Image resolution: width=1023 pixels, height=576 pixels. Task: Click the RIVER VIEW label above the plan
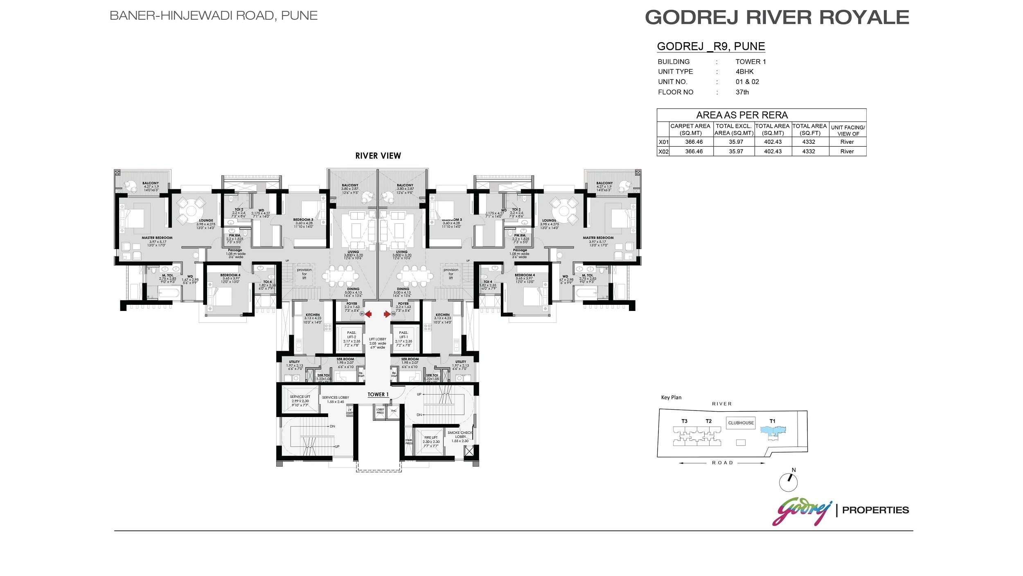click(378, 156)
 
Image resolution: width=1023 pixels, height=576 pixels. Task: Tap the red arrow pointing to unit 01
click(368, 314)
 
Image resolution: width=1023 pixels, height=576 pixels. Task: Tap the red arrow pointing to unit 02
click(387, 314)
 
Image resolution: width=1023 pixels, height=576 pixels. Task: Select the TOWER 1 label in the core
click(378, 395)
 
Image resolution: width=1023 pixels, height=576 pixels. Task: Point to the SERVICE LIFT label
click(300, 397)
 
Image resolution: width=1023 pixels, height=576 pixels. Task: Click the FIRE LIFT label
click(431, 438)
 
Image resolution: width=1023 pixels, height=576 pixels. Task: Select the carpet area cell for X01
click(694, 142)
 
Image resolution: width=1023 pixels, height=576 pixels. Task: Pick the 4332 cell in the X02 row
click(808, 151)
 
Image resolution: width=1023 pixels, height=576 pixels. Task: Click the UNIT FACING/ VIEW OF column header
click(847, 130)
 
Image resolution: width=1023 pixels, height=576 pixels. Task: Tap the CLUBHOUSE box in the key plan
click(741, 423)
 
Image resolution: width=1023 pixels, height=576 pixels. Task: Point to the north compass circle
click(788, 482)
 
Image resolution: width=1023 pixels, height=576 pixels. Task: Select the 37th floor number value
click(742, 92)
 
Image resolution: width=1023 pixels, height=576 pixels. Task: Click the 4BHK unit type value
click(744, 71)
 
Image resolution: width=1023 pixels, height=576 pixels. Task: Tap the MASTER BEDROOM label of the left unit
click(157, 238)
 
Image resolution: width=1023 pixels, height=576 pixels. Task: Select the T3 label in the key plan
click(684, 421)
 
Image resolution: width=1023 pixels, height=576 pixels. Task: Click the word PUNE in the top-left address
click(299, 16)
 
